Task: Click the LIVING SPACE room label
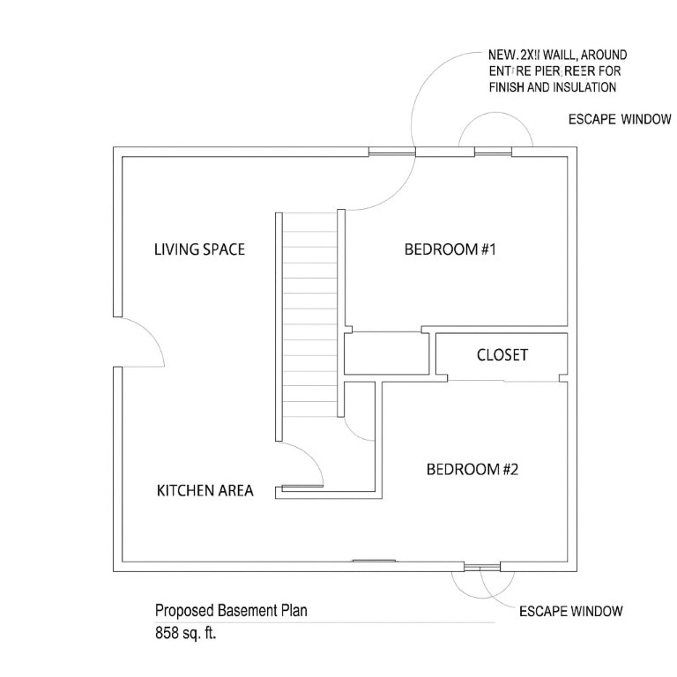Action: coord(199,249)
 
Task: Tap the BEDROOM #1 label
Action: coord(451,249)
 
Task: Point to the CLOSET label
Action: coord(502,355)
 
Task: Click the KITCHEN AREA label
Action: coord(205,491)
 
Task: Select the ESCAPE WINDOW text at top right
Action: coord(619,120)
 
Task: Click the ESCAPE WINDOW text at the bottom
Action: coord(570,611)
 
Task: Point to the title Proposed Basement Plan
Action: coord(232,610)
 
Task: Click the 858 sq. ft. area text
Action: coord(185,632)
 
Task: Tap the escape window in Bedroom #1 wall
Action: coord(494,153)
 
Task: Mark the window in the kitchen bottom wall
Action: coord(373,560)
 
